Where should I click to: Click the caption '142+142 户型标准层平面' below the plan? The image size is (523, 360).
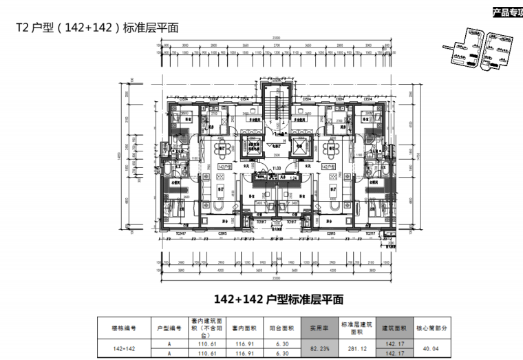click(x=278, y=299)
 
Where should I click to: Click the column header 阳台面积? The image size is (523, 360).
click(x=281, y=328)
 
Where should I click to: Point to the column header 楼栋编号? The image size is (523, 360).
click(x=129, y=328)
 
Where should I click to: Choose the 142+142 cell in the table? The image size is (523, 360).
click(x=129, y=348)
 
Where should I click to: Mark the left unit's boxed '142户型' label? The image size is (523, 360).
click(x=224, y=167)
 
